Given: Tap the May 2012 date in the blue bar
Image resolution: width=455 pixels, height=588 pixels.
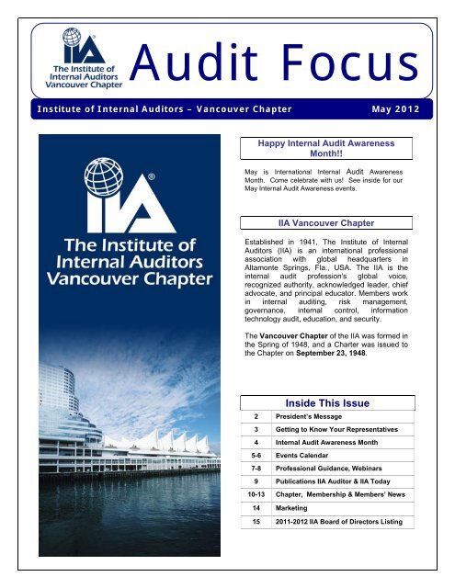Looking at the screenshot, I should point(398,111).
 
